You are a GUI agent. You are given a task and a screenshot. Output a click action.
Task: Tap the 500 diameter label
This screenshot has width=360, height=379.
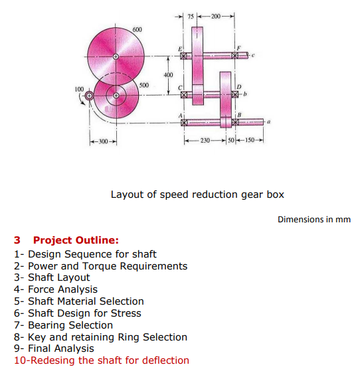click(x=144, y=85)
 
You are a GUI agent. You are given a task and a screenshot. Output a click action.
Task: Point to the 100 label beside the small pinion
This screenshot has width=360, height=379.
click(x=79, y=88)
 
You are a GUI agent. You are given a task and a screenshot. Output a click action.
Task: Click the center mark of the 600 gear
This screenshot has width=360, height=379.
click(x=116, y=58)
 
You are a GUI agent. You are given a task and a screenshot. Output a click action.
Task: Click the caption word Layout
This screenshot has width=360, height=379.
click(x=126, y=194)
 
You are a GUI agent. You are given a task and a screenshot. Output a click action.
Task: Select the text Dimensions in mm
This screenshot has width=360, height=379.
click(x=314, y=220)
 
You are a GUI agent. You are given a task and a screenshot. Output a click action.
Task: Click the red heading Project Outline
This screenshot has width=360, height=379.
click(x=76, y=240)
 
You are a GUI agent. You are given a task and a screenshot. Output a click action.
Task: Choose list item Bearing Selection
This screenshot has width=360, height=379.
click(x=70, y=325)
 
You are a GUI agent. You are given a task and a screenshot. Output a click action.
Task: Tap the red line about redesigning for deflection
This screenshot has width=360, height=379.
click(x=101, y=360)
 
